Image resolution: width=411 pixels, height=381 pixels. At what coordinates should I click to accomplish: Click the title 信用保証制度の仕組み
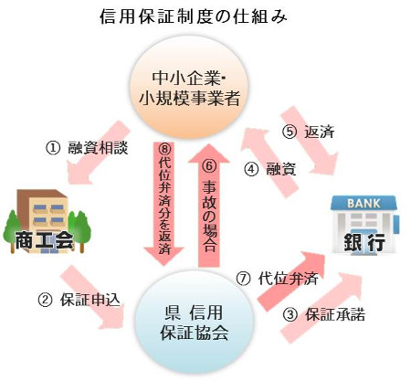pyautogui.click(x=194, y=16)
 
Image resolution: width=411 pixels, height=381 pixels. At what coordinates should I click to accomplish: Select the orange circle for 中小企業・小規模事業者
pyautogui.click(x=189, y=88)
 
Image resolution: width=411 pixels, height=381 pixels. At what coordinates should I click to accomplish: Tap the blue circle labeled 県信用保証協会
pyautogui.click(x=194, y=322)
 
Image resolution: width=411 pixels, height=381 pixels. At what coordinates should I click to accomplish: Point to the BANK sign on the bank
pyautogui.click(x=364, y=203)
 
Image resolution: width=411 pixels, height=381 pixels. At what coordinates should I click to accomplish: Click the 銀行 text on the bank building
pyautogui.click(x=364, y=243)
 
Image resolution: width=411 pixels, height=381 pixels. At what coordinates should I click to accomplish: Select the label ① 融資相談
pyautogui.click(x=87, y=148)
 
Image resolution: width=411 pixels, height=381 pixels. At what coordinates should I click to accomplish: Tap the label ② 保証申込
pyautogui.click(x=79, y=300)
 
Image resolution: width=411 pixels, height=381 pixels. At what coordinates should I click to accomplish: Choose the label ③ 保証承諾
pyautogui.click(x=324, y=314)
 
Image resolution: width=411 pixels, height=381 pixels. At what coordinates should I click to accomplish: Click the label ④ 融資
pyautogui.click(x=270, y=169)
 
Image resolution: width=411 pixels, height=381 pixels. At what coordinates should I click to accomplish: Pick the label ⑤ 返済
pyautogui.click(x=308, y=132)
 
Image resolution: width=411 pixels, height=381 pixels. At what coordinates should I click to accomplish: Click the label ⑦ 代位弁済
pyautogui.click(x=278, y=279)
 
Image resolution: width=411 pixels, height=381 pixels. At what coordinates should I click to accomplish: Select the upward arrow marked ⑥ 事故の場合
pyautogui.click(x=209, y=206)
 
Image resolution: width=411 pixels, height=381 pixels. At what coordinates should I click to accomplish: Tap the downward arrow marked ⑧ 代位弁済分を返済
pyautogui.click(x=164, y=204)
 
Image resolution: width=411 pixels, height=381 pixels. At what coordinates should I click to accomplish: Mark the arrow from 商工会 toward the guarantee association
pyautogui.click(x=93, y=299)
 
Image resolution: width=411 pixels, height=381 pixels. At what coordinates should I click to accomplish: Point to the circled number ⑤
pyautogui.click(x=290, y=132)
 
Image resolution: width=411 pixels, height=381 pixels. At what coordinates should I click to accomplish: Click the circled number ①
pyautogui.click(x=53, y=148)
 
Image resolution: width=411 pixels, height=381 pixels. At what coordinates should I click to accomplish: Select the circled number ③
pyautogui.click(x=290, y=315)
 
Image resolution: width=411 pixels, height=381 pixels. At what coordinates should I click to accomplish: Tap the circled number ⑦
pyautogui.click(x=243, y=279)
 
